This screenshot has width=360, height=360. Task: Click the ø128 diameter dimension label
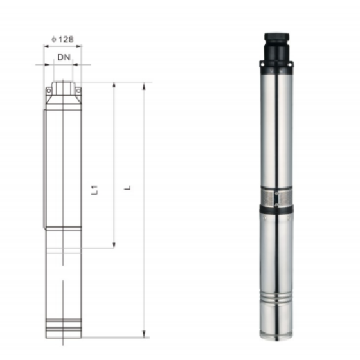click(x=62, y=39)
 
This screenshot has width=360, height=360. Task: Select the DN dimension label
click(x=63, y=57)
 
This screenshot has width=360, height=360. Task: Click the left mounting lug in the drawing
click(x=48, y=91)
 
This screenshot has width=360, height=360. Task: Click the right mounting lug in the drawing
click(x=78, y=91)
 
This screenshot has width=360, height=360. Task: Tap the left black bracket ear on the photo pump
click(x=262, y=64)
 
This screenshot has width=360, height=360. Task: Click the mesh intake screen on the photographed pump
click(x=276, y=196)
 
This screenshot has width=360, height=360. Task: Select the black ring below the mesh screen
click(x=276, y=209)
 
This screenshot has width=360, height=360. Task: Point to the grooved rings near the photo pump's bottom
click(x=276, y=299)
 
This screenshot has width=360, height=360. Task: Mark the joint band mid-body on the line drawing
click(x=63, y=227)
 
